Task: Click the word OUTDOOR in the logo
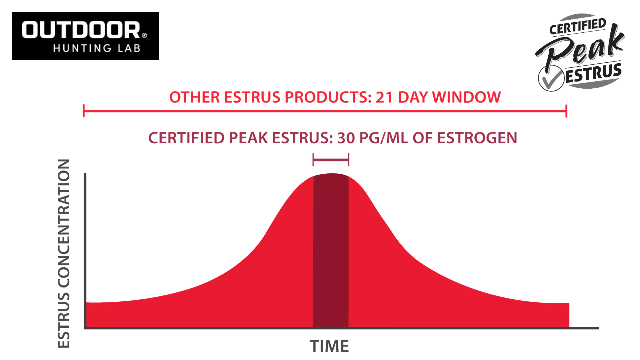[81, 30]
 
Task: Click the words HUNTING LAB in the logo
[97, 48]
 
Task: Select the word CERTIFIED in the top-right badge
[578, 27]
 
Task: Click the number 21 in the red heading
[384, 97]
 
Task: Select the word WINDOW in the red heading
[466, 97]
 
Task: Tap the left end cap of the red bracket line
[84, 111]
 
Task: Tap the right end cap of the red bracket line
[566, 111]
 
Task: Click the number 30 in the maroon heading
[346, 138]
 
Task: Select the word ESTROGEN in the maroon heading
[477, 138]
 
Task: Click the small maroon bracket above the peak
[331, 160]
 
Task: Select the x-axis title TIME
[329, 346]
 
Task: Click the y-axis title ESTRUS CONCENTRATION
[64, 254]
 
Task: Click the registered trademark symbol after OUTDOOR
[144, 35]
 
